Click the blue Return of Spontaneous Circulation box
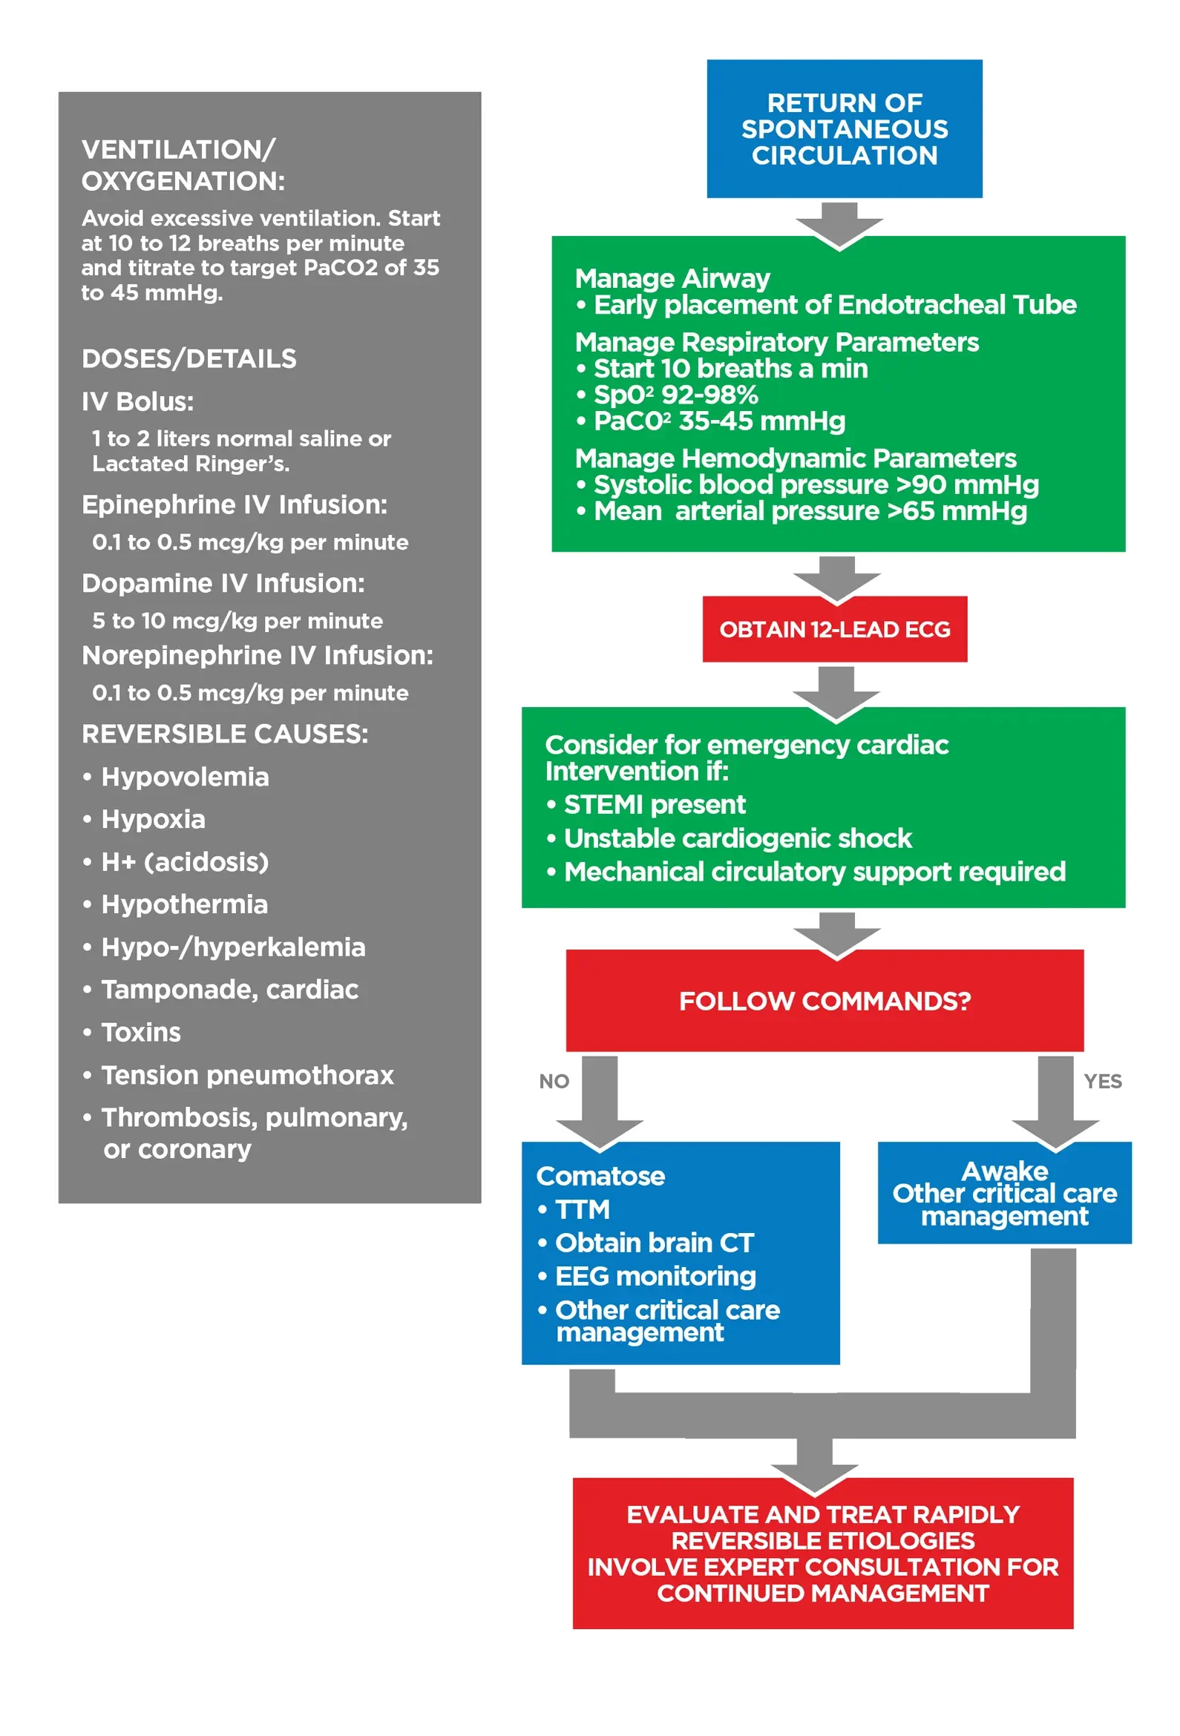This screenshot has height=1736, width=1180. tap(844, 128)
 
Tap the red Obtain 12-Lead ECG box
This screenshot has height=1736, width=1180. tap(834, 629)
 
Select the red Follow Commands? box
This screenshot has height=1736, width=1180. tap(824, 1000)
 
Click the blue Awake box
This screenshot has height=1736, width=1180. tap(1003, 1192)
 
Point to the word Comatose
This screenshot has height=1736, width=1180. tap(600, 1176)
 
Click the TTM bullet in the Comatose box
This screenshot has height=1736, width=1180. tap(582, 1209)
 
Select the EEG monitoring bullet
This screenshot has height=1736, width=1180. tap(655, 1276)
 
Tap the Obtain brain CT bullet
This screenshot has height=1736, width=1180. tap(654, 1242)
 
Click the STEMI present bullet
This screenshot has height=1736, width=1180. tap(654, 804)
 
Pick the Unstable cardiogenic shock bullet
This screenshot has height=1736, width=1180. tap(737, 838)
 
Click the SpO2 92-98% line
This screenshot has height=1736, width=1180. tap(675, 395)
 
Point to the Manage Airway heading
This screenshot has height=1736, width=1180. tap(672, 278)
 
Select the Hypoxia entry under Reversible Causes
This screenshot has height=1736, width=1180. tap(152, 819)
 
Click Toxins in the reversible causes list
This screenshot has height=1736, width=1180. tap(140, 1032)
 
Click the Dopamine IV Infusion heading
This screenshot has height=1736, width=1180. tap(223, 582)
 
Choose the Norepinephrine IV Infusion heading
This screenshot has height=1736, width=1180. tap(257, 655)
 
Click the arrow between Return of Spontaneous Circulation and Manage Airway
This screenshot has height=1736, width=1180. tap(839, 224)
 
